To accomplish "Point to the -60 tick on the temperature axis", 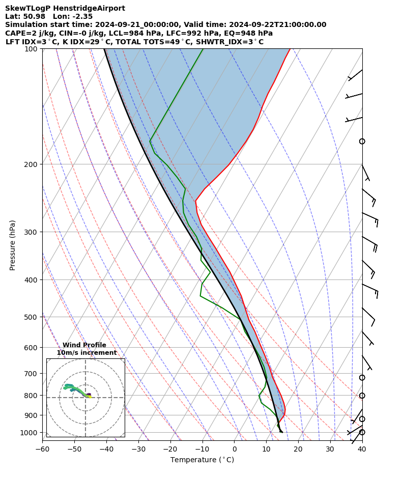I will coord(42,449).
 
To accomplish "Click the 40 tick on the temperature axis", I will coord(362,449).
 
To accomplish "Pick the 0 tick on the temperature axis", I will coord(235,449).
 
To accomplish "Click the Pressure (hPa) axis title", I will coord(13,245).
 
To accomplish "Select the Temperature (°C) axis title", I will coord(202,460).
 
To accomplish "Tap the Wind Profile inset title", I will coord(84,345).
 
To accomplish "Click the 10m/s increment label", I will coord(86,353).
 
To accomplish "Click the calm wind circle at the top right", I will coord(362,141).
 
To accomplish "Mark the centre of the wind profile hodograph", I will coord(85,398).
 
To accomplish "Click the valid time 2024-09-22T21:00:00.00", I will coord(273,25).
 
